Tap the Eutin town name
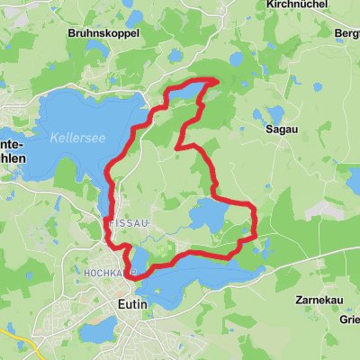tap(132, 305)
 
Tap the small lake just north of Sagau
tap(271, 115)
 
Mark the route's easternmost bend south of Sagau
tap(256, 216)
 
